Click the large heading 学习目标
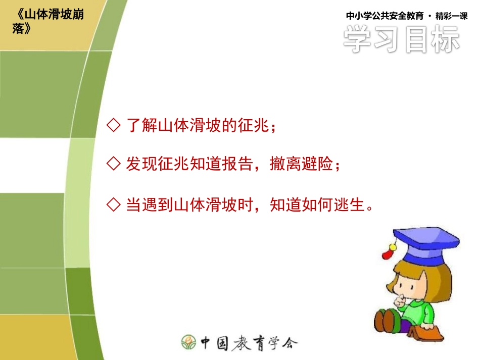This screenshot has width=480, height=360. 402,39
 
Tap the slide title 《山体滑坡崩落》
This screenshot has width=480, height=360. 48,21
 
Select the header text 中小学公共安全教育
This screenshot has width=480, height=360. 386,16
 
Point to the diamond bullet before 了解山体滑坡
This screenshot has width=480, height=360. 114,125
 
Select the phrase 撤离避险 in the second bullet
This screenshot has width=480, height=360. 301,164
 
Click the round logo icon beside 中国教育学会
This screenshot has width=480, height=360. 189,342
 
